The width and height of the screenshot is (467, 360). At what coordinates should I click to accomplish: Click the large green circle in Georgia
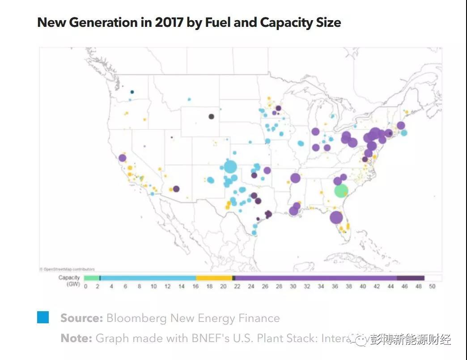point(341,191)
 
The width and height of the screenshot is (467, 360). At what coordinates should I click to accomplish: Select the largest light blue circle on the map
point(230,167)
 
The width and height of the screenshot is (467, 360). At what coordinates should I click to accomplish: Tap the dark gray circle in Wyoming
point(211,116)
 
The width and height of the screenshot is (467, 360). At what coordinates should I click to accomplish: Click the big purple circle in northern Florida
point(336,218)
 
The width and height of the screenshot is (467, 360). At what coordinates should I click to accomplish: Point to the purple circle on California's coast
point(122,158)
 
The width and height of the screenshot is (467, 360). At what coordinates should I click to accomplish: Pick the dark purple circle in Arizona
point(176,189)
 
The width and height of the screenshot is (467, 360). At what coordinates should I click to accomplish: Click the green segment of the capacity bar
point(91,278)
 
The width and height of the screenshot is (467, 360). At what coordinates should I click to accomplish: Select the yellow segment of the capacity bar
point(214,278)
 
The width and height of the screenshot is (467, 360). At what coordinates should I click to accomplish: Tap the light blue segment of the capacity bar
point(148,278)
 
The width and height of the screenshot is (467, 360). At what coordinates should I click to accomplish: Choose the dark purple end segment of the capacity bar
point(410,278)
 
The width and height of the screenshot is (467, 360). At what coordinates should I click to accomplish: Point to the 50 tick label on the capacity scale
point(432,287)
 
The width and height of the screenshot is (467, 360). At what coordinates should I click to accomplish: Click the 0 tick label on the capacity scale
point(85,287)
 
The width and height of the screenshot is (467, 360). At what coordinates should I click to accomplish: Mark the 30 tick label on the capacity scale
point(293,287)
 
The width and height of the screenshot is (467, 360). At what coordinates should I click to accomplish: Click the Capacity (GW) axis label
point(69,281)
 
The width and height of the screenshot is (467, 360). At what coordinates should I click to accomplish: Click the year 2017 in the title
point(169,22)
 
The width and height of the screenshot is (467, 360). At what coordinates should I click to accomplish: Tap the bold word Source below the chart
point(81,318)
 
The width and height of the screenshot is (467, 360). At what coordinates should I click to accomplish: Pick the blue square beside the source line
point(43,317)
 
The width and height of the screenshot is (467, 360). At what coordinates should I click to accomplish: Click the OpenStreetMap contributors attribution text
point(67,269)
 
